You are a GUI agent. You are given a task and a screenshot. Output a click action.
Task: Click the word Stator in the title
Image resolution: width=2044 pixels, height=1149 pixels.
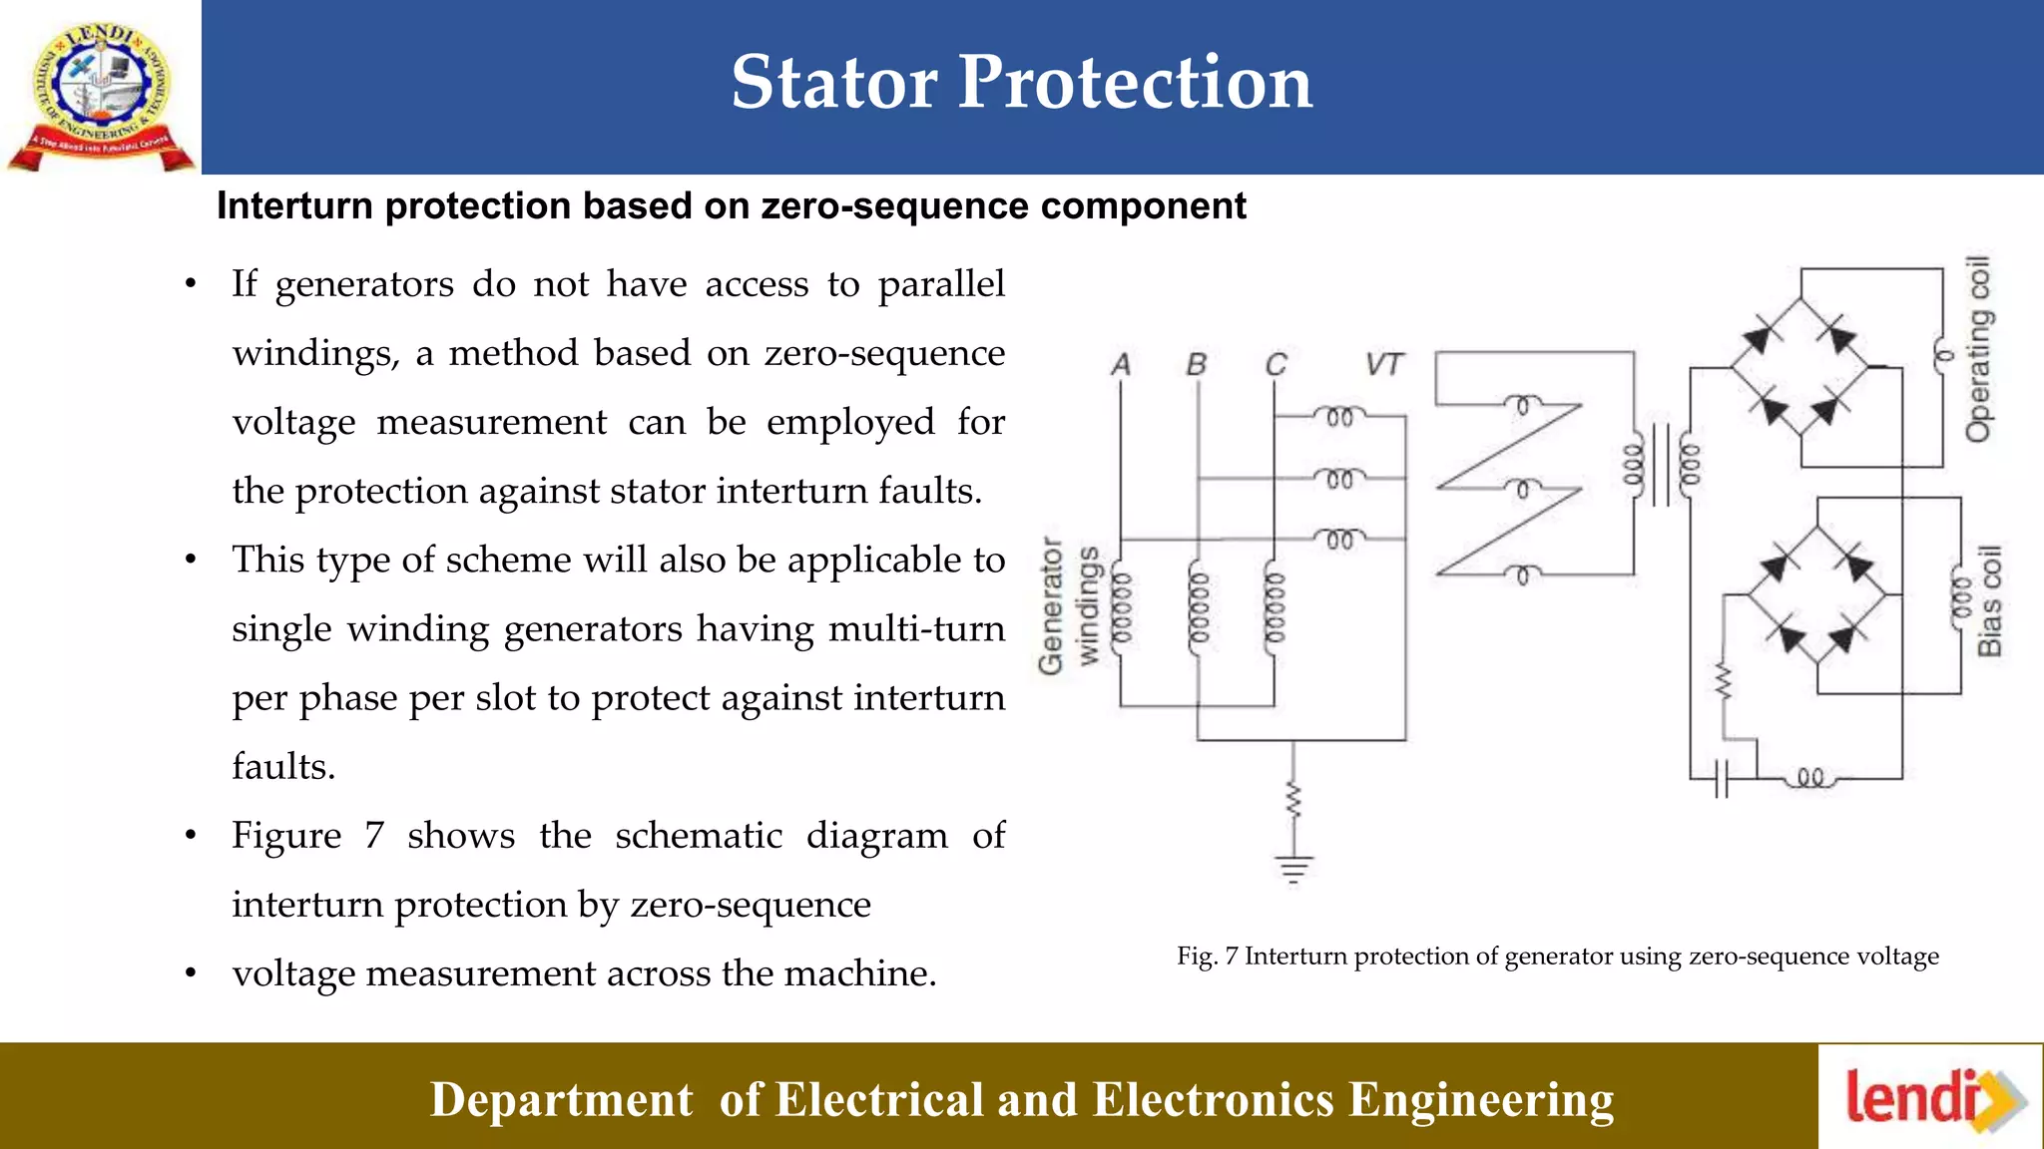(833, 82)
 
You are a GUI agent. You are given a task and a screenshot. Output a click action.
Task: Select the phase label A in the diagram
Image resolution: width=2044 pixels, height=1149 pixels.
(1121, 365)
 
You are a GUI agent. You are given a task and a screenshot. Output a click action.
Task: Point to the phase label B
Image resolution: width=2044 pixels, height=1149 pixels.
(1197, 365)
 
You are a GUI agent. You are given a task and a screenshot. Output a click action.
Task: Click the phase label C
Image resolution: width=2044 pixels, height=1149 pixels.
(1276, 365)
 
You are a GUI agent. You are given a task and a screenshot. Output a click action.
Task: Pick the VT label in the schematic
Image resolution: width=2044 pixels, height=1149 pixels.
(1384, 365)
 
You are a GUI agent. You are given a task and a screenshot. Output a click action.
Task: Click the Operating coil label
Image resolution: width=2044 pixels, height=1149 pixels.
(1977, 349)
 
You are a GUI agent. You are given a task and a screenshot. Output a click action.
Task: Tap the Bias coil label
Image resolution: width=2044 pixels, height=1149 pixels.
(1990, 600)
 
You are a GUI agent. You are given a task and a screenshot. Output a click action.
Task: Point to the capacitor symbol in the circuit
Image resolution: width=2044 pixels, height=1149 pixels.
(1721, 778)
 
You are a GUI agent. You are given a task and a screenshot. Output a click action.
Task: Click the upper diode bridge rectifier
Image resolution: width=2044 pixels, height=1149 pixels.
(1800, 368)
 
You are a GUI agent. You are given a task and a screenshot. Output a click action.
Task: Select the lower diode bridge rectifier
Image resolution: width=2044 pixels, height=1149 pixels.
(1817, 596)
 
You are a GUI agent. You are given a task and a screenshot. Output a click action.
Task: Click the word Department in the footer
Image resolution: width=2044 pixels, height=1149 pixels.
(561, 1100)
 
